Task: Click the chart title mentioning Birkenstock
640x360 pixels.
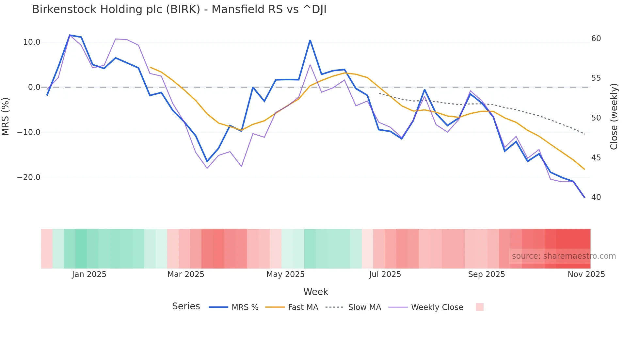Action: [x=179, y=9]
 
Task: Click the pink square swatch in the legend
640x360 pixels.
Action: [x=479, y=307]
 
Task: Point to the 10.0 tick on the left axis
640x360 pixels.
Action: [x=32, y=42]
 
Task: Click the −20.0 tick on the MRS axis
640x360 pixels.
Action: [x=29, y=177]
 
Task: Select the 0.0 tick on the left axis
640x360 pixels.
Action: [x=34, y=87]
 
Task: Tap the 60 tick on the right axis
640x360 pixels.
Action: [x=596, y=39]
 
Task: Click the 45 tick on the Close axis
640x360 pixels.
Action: [x=596, y=158]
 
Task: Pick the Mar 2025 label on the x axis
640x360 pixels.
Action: [x=185, y=274]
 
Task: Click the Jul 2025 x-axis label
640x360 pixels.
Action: [x=385, y=274]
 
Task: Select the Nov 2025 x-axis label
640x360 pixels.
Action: [x=586, y=274]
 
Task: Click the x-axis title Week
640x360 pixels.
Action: [x=315, y=292]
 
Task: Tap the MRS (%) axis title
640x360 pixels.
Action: [x=6, y=117]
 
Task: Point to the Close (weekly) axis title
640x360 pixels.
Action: [x=614, y=117]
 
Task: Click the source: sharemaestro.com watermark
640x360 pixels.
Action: [x=564, y=256]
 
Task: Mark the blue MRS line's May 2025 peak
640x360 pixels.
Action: [x=310, y=40]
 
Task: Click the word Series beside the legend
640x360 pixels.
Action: [x=186, y=306]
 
